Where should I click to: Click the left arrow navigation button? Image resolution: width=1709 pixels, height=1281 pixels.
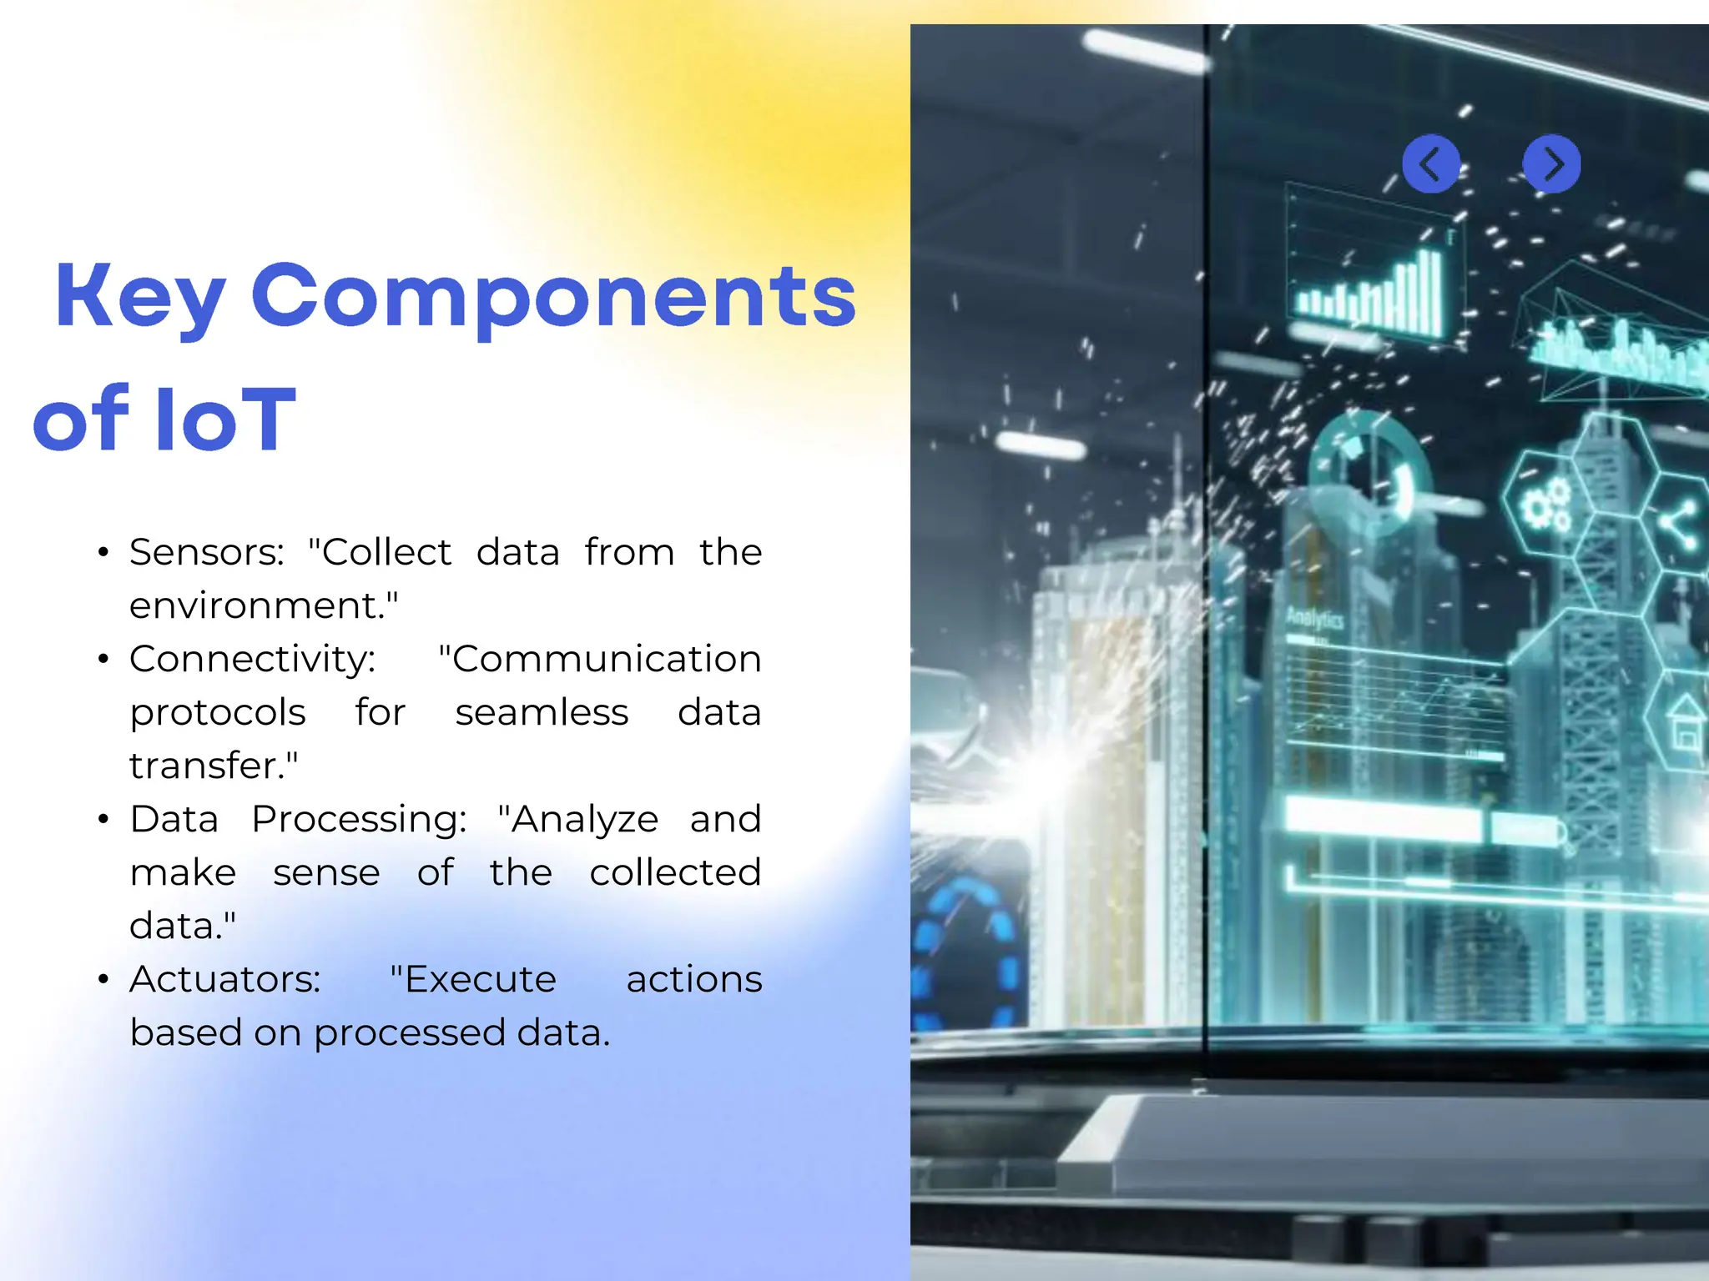pyautogui.click(x=1430, y=163)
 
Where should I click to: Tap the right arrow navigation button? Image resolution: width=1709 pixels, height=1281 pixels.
pyautogui.click(x=1551, y=163)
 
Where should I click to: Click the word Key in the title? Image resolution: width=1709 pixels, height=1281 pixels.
pyautogui.click(x=140, y=297)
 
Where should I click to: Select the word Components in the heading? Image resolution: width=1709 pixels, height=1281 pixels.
pyautogui.click(x=553, y=297)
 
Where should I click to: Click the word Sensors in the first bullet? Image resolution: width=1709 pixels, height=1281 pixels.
pyautogui.click(x=206, y=552)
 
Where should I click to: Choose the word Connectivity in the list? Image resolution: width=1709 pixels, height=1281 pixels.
pyautogui.click(x=252, y=659)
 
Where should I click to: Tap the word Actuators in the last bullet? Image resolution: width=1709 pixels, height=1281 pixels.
pyautogui.click(x=224, y=979)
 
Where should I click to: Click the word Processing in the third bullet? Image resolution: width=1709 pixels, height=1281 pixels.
pyautogui.click(x=358, y=819)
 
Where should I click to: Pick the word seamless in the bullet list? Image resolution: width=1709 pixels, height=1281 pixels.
pyautogui.click(x=541, y=712)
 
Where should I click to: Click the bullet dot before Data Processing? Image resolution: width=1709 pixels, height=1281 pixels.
pyautogui.click(x=103, y=820)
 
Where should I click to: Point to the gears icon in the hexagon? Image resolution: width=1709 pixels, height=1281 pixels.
pyautogui.click(x=1545, y=505)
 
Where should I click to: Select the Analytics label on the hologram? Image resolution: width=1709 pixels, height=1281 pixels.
pyautogui.click(x=1314, y=619)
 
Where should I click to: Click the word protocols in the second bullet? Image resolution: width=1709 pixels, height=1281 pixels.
pyautogui.click(x=218, y=712)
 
